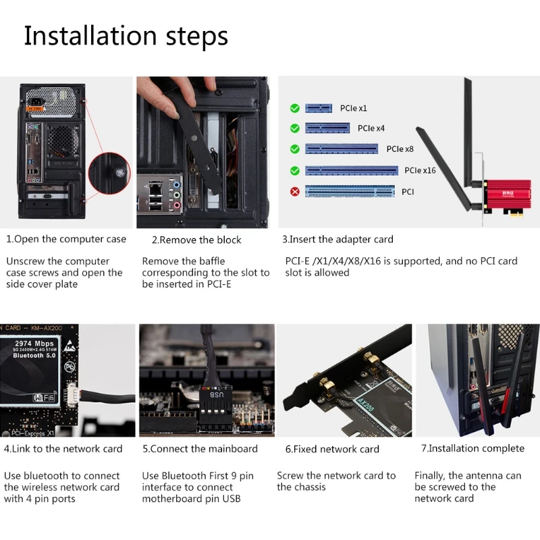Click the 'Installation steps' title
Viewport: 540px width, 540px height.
126,36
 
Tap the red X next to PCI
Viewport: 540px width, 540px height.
294,192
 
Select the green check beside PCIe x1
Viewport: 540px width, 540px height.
294,108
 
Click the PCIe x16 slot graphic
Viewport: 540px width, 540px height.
342,170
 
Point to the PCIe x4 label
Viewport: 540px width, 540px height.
371,128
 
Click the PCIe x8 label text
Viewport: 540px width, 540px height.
400,149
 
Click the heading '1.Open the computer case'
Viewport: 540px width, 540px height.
66,239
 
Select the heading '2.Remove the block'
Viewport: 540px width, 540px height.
196,240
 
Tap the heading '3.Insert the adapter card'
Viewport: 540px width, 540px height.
337,239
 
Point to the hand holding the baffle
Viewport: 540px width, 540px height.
179,91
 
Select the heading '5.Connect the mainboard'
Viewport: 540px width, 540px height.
200,449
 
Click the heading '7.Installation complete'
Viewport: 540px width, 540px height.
473,448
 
